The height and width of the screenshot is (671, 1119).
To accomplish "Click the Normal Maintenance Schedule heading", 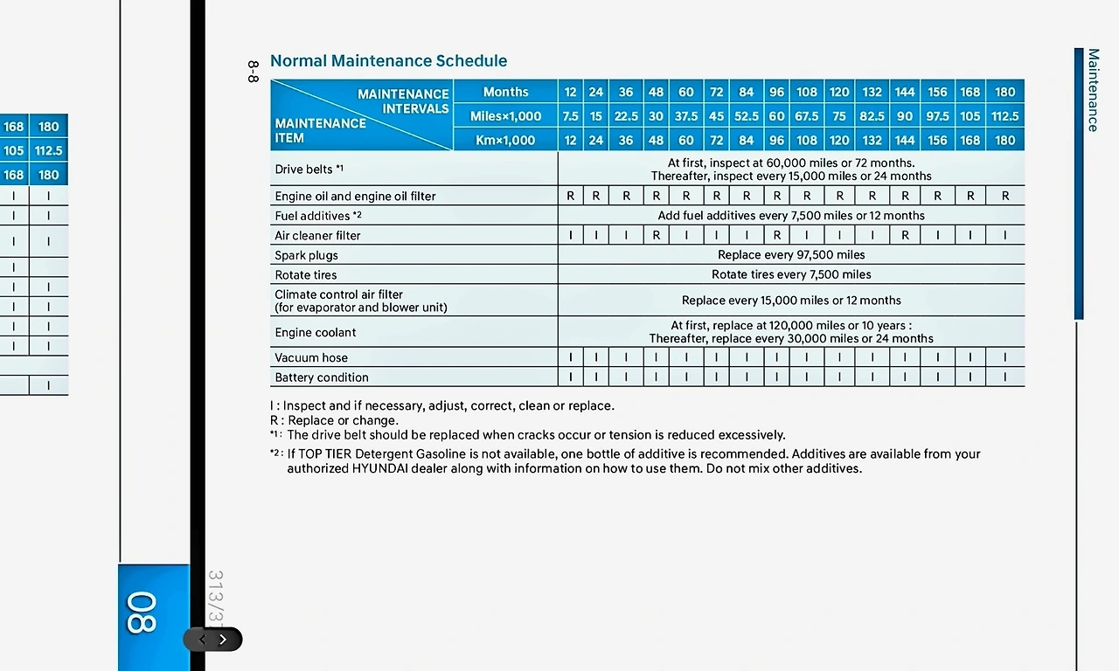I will [388, 61].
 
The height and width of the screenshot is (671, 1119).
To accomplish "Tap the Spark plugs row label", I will [306, 255].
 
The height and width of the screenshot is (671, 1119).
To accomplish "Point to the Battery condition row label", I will [321, 377].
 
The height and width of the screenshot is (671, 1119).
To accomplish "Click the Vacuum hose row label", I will [310, 357].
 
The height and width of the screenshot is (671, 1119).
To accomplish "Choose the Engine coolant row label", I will [315, 332].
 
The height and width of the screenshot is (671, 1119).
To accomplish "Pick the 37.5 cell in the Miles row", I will [686, 116].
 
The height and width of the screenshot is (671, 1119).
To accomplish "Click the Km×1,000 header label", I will [505, 140].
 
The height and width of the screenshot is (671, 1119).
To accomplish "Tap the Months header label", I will [505, 92].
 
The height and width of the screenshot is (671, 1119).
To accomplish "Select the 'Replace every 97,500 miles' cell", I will [791, 255].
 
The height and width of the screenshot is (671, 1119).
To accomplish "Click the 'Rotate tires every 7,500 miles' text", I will [791, 274].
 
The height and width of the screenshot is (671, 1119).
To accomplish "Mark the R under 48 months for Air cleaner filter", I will [656, 235].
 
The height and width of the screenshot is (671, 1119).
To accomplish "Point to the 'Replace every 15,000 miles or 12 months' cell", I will [791, 301].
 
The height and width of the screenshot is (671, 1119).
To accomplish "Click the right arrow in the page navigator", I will [223, 640].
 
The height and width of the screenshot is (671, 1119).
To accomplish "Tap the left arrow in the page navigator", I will [203, 640].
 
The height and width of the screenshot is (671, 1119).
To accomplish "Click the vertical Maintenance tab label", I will [1093, 90].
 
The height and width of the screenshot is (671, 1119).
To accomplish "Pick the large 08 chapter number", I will [142, 612].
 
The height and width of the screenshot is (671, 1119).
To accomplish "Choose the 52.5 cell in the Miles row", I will [746, 116].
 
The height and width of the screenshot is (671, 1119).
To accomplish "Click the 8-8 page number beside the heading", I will [253, 72].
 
